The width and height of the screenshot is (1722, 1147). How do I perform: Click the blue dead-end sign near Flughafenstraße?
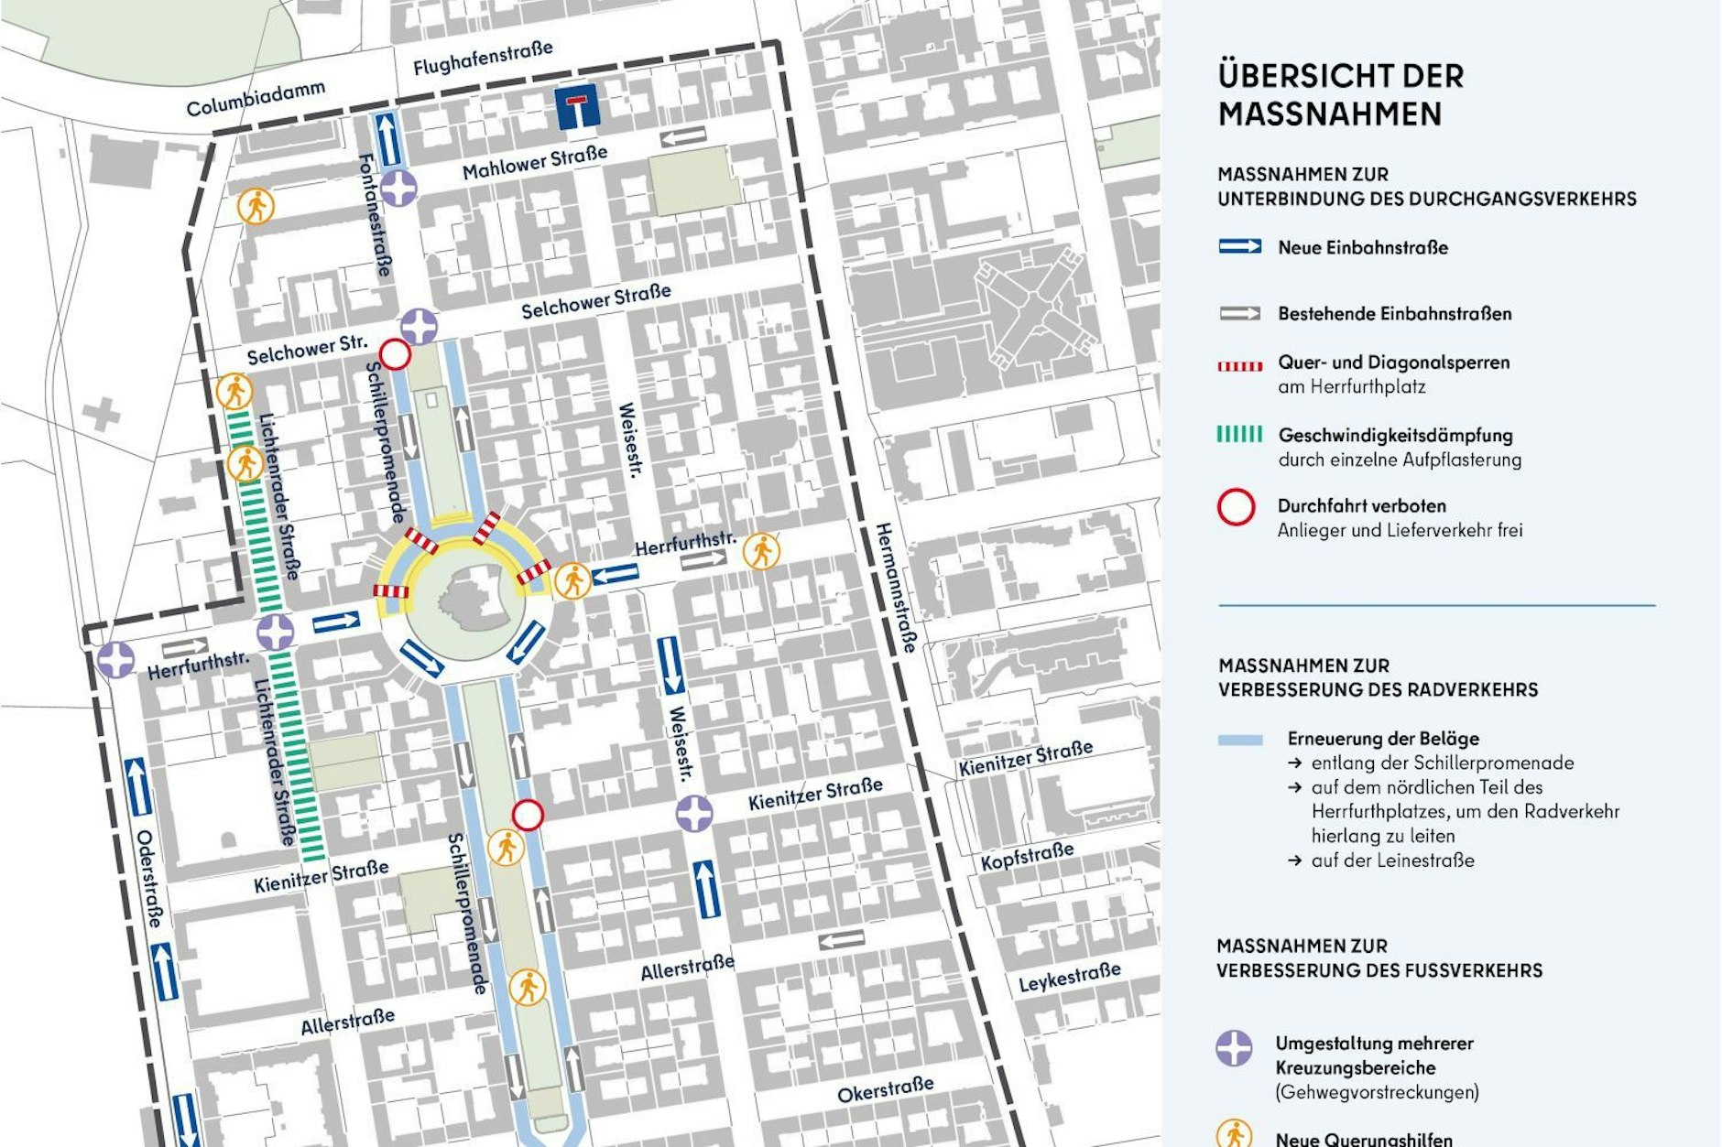(x=578, y=107)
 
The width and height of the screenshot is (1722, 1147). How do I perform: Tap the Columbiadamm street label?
(x=256, y=99)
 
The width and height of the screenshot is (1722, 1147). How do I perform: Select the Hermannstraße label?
(x=895, y=588)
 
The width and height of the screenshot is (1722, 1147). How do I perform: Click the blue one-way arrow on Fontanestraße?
(x=388, y=139)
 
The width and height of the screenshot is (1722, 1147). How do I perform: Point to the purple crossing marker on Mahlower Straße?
(x=399, y=188)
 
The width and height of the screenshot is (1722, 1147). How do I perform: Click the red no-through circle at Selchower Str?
(x=395, y=354)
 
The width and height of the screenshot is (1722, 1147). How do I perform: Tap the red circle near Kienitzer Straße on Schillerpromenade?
(x=528, y=814)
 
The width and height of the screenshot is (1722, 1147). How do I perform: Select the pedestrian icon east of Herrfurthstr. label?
(x=761, y=551)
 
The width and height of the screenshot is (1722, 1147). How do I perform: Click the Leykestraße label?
(x=1069, y=978)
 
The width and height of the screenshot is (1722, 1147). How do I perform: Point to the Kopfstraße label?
(x=1027, y=857)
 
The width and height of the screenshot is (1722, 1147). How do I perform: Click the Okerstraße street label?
(x=885, y=1089)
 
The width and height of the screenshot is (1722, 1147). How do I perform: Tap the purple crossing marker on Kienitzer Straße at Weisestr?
(x=694, y=813)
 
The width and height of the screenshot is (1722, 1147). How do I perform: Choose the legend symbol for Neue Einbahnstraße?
(x=1239, y=246)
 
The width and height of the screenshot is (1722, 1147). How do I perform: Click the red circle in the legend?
(x=1236, y=506)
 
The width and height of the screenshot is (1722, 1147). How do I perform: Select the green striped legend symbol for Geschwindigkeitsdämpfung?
(x=1239, y=434)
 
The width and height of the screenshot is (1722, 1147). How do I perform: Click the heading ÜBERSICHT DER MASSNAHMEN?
(x=1340, y=94)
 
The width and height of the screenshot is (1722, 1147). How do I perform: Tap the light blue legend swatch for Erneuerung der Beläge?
(x=1240, y=740)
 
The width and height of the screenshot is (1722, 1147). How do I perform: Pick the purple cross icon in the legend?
(x=1234, y=1048)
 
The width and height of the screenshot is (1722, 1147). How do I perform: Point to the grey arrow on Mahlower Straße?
(x=683, y=138)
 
